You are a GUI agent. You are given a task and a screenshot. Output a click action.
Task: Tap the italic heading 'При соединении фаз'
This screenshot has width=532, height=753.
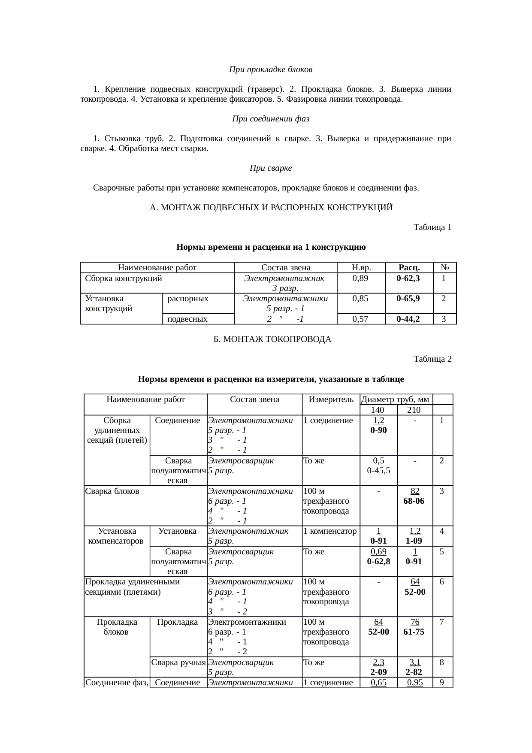click(270, 118)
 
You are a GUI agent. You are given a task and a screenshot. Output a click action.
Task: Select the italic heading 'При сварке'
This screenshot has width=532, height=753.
click(271, 168)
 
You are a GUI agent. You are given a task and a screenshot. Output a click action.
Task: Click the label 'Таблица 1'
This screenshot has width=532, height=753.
click(432, 227)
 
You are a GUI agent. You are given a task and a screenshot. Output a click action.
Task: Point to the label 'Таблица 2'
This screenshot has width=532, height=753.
click(432, 359)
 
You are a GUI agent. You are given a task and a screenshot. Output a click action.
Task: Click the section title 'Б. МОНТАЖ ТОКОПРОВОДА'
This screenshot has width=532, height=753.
click(272, 339)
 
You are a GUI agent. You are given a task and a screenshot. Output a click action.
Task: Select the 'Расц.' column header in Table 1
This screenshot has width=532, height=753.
click(409, 268)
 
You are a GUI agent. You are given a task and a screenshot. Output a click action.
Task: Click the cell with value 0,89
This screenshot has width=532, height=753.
click(361, 278)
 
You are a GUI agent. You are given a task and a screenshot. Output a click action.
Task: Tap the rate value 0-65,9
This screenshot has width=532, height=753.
click(409, 298)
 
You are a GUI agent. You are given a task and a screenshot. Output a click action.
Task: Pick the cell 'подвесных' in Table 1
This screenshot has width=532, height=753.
click(187, 319)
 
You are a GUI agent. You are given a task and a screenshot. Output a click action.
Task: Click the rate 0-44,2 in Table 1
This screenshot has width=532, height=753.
click(409, 319)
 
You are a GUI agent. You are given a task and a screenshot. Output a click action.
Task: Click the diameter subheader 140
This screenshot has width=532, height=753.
click(378, 410)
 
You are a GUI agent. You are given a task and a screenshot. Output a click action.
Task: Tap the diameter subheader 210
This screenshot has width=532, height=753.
click(414, 410)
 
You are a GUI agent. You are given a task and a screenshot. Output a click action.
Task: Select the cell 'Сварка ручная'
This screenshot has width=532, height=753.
click(178, 662)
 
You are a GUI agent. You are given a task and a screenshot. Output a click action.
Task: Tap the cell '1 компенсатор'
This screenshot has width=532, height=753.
click(330, 531)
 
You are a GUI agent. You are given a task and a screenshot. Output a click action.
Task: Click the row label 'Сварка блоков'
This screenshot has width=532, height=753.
click(112, 491)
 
